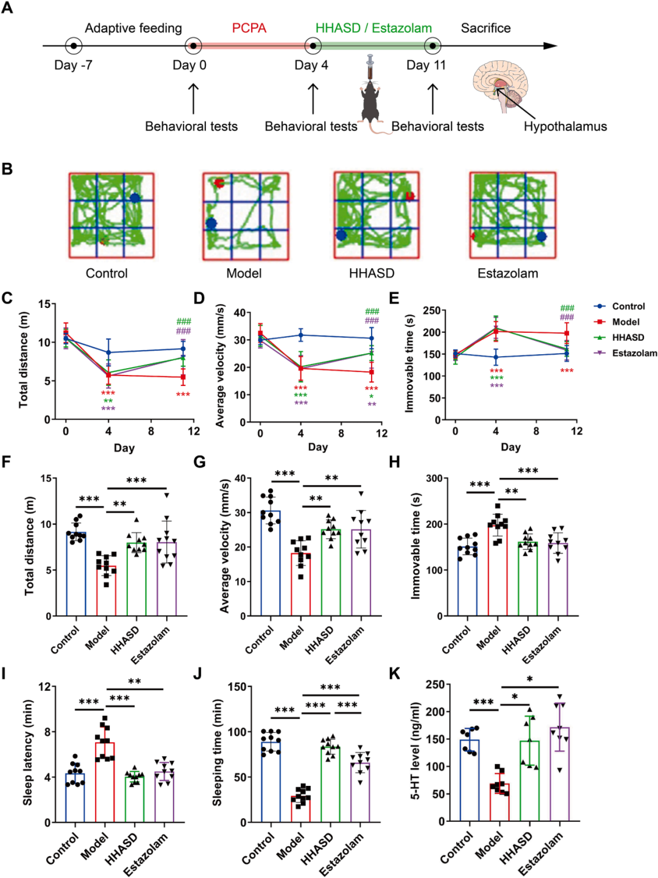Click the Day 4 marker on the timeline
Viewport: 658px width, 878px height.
coord(313,46)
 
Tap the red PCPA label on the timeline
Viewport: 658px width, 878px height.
coord(249,28)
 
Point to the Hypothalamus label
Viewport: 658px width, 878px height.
coord(565,127)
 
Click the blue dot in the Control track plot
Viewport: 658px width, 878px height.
coord(135,198)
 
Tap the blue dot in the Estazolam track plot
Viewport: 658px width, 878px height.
coord(541,237)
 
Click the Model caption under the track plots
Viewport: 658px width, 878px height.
coord(244,273)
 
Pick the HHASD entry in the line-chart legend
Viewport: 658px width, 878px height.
coord(628,337)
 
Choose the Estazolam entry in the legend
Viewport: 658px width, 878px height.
coord(634,353)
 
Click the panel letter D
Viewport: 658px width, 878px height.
coord(199,298)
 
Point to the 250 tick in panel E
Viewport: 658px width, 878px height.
coord(431,310)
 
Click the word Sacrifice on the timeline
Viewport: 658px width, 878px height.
coord(486,28)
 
